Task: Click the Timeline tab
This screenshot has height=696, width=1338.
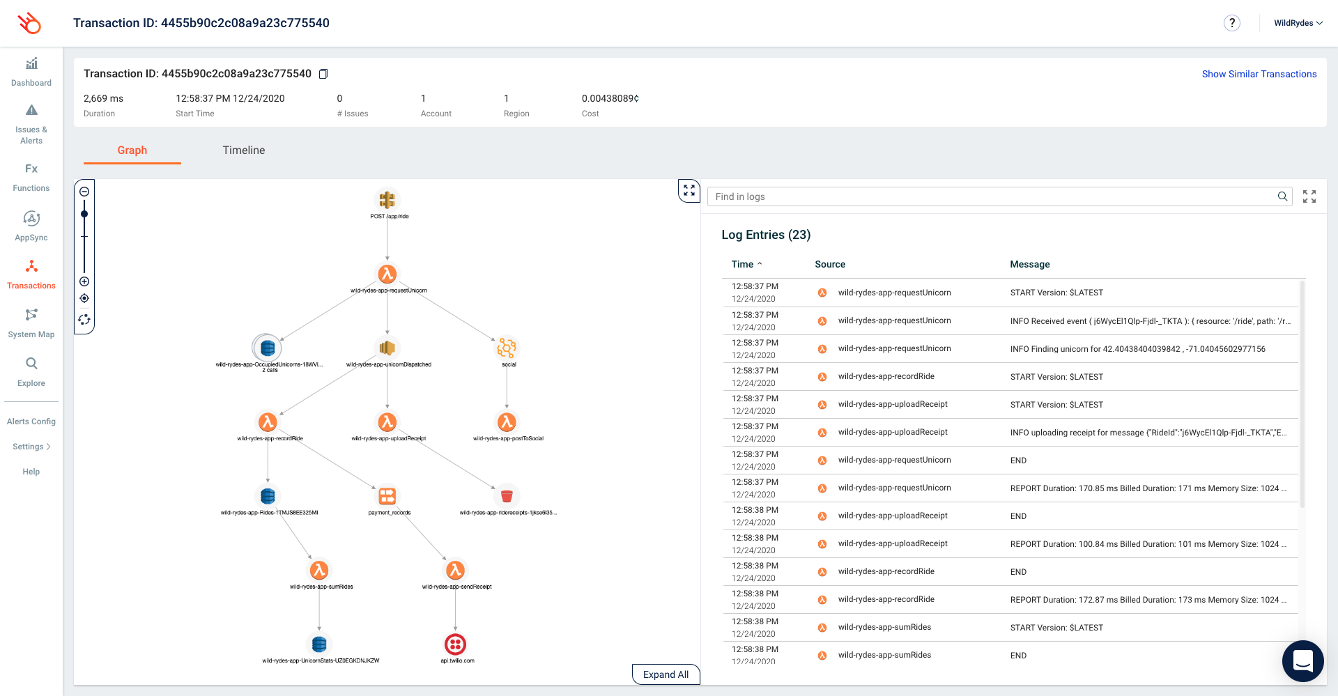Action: tap(243, 150)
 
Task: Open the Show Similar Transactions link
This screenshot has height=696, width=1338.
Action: tap(1259, 74)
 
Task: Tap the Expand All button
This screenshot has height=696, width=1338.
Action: tap(666, 674)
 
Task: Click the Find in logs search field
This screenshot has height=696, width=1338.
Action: tap(993, 196)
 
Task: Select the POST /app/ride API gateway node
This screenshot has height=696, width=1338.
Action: tap(387, 201)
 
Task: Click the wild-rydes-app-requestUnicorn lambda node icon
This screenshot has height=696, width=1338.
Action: tap(387, 274)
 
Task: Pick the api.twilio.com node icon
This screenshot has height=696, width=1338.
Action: tap(455, 644)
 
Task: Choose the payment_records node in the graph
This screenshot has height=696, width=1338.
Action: tap(387, 496)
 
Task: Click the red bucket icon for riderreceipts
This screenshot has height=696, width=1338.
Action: tap(507, 496)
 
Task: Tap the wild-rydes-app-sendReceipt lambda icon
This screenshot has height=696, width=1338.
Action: tap(455, 571)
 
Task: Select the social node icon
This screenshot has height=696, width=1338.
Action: tap(507, 348)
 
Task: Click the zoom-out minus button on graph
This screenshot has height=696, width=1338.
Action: tap(84, 192)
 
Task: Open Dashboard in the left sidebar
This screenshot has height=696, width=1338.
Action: tap(31, 72)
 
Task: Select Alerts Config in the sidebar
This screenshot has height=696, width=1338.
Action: tap(31, 422)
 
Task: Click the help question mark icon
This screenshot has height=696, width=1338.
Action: tap(1231, 23)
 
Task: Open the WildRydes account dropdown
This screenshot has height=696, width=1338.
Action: tap(1298, 23)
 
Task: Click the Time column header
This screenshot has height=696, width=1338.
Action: tap(743, 264)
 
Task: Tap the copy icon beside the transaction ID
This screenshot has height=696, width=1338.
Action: tap(323, 74)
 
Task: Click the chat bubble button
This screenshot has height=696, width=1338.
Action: tap(1302, 660)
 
